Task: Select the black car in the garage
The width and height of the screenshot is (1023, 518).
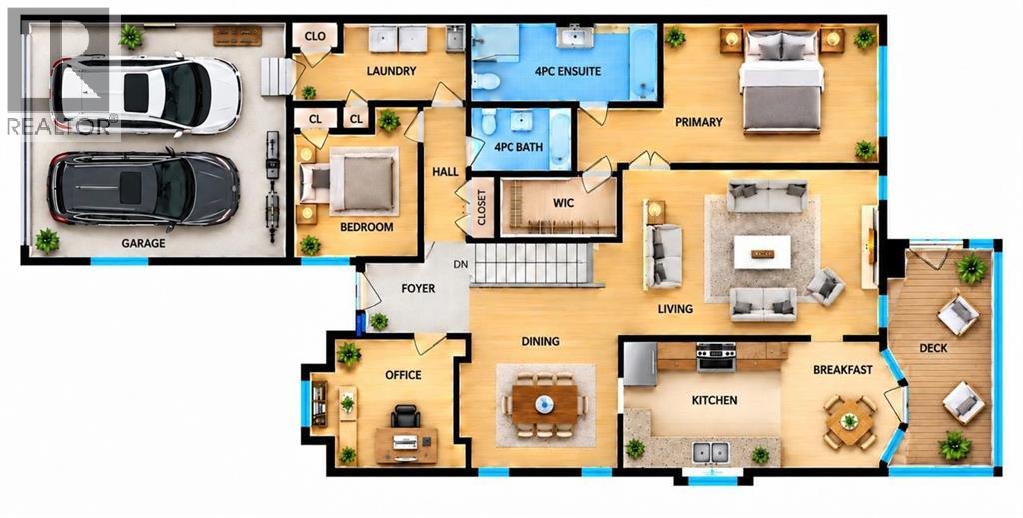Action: tap(144, 189)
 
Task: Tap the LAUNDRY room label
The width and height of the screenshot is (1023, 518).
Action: tap(391, 71)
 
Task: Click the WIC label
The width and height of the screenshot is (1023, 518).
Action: tap(563, 203)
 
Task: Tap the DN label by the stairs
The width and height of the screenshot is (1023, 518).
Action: tap(461, 265)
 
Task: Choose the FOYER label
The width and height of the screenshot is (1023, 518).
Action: tap(418, 288)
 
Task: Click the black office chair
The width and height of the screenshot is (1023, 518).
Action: tap(406, 417)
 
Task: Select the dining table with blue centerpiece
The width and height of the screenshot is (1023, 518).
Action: tap(545, 405)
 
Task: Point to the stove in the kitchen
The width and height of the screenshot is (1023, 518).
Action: tap(716, 357)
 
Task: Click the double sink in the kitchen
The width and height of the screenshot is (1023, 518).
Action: tap(710, 451)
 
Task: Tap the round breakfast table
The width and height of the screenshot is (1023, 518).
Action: tap(849, 422)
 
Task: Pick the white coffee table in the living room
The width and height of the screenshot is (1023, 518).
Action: tap(762, 253)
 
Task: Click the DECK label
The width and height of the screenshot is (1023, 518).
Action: tap(933, 348)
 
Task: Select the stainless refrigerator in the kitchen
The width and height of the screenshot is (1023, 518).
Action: tap(640, 364)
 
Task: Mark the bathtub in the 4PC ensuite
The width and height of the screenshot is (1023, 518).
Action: tap(644, 63)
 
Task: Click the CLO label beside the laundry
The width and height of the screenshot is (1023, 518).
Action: tap(315, 37)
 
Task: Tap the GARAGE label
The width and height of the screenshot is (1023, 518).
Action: tap(143, 244)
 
